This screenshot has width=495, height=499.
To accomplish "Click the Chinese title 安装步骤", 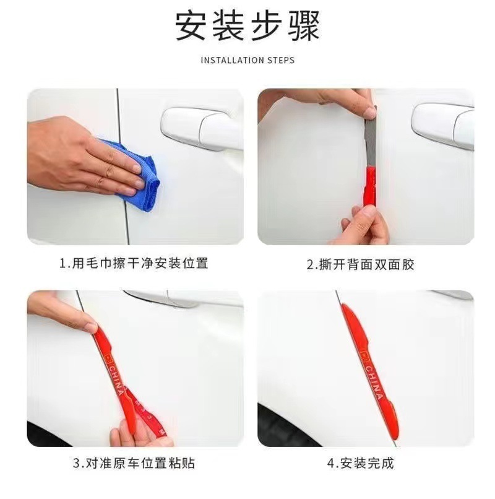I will (247, 28).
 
